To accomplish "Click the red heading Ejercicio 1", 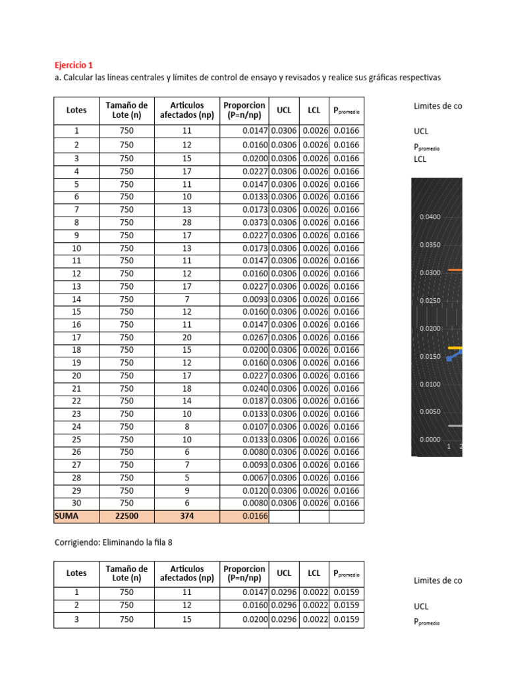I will (73, 65).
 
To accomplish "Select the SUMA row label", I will (66, 517).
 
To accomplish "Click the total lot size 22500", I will (126, 517).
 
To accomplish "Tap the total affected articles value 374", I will (187, 517).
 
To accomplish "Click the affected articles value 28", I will (187, 222).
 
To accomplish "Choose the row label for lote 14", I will (76, 299).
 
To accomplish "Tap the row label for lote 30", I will (76, 504).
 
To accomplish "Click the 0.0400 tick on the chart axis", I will (430, 217).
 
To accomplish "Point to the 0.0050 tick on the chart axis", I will (430, 412).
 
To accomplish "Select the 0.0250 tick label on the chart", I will (430, 301).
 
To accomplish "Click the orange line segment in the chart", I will (455, 270).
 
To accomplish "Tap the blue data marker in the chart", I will (449, 359).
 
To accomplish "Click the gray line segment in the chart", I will (455, 426).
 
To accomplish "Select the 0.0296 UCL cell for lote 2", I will (284, 606).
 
